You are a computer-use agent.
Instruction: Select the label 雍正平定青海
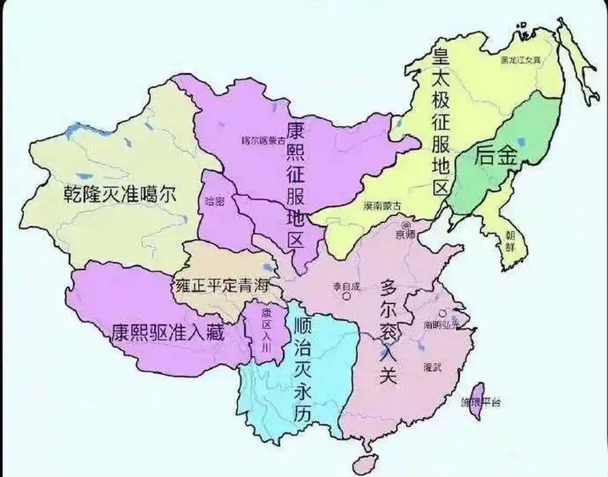[220, 284]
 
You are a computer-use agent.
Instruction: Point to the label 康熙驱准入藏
[168, 332]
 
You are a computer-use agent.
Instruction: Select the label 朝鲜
[510, 241]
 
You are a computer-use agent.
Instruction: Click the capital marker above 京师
[407, 225]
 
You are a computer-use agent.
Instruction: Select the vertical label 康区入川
[266, 330]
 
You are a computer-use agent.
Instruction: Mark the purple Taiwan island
[478, 399]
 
